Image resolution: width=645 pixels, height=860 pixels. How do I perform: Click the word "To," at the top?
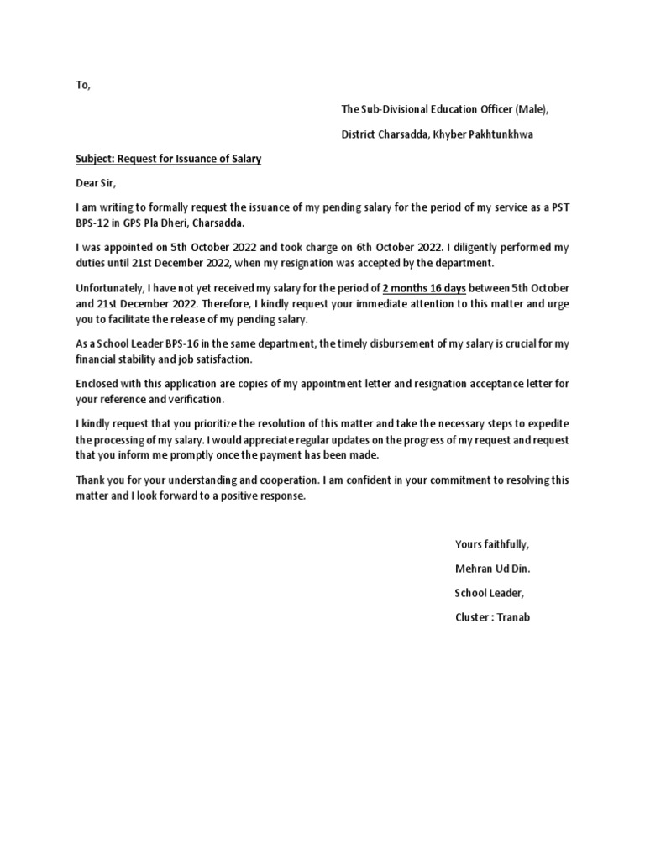pyautogui.click(x=82, y=86)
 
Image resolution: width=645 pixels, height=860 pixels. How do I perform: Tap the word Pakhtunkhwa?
pyautogui.click(x=507, y=134)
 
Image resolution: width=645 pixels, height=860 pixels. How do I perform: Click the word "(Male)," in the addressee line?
pyautogui.click(x=531, y=109)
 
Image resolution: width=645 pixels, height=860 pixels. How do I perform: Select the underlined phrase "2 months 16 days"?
pyautogui.click(x=424, y=288)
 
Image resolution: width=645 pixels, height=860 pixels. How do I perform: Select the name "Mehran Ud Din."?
pyautogui.click(x=492, y=569)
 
